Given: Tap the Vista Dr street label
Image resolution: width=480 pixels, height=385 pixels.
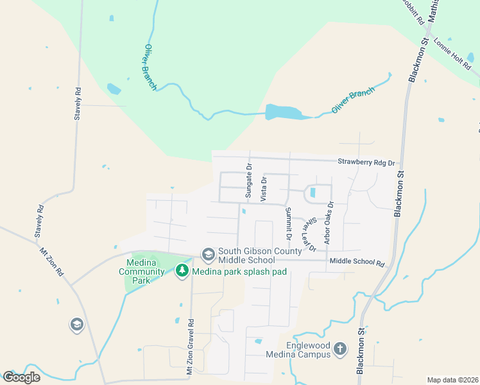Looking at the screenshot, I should coord(263,190).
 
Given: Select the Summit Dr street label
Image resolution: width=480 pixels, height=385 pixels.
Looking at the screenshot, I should coord(289,224).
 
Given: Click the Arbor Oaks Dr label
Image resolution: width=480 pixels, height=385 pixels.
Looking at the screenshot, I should coord(329,224).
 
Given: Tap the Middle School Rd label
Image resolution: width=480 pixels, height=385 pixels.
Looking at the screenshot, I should coord(357,262).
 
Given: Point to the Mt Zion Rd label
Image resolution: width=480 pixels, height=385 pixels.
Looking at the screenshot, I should coord(52,262).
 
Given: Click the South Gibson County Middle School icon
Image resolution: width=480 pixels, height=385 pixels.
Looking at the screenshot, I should coord(208,255).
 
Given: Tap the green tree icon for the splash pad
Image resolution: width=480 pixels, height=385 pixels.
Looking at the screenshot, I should coord(182,271).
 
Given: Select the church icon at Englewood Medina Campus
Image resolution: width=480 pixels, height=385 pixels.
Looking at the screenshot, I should coord(339,349).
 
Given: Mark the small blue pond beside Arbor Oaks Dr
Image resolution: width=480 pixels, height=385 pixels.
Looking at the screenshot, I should coord(313,192).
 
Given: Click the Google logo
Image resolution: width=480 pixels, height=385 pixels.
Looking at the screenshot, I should coord(21,377).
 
